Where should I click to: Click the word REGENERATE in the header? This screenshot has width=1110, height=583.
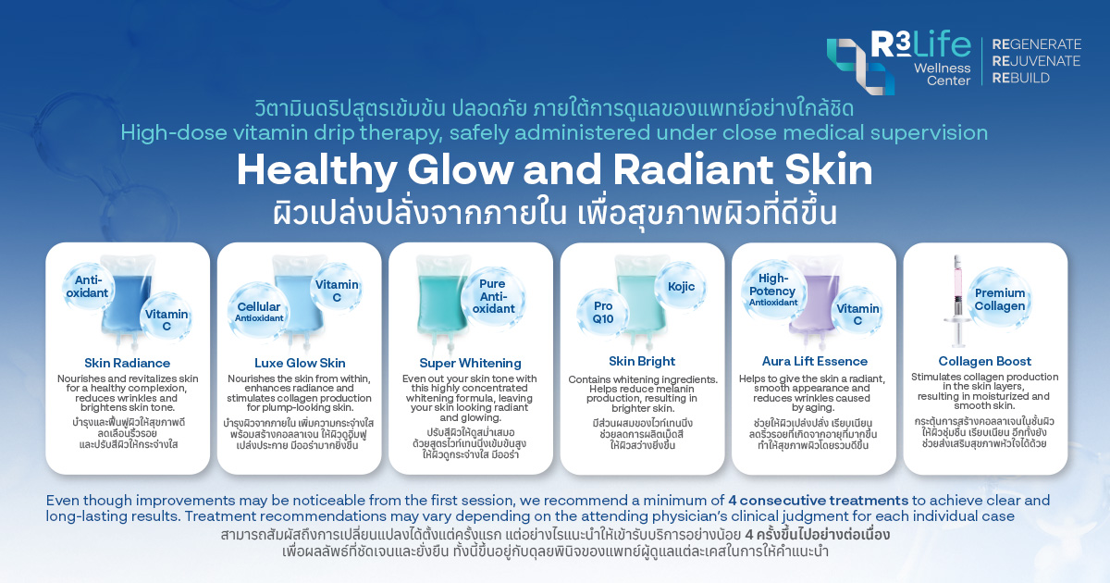click(x=1036, y=43)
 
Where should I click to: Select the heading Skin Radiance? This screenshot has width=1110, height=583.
click(x=127, y=363)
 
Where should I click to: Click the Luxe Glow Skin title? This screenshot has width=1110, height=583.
click(x=299, y=363)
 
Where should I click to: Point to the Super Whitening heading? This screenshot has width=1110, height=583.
click(x=470, y=363)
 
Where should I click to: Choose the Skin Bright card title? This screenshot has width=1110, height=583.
click(x=642, y=361)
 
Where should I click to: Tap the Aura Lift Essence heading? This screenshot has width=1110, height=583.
click(x=814, y=361)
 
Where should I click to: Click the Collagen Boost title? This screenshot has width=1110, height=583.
click(x=984, y=361)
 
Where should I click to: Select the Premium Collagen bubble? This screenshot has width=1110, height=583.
click(x=999, y=299)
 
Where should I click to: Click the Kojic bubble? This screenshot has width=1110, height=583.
click(x=681, y=287)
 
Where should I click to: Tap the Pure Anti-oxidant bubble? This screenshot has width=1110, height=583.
click(x=493, y=295)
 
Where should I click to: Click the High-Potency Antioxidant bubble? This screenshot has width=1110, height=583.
click(x=773, y=289)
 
